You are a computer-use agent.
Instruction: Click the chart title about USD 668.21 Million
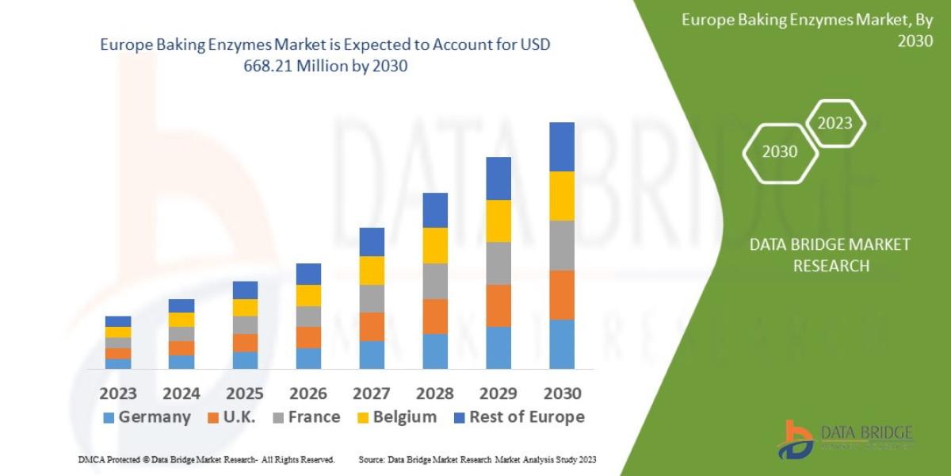pos(325,56)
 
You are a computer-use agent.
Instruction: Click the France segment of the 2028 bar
pos(435,281)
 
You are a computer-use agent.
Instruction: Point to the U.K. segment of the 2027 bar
pos(372,327)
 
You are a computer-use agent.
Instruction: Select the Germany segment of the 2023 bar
pos(118,363)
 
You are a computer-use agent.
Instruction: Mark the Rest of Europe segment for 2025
pos(245,290)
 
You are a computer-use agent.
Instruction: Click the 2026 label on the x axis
pos(308,393)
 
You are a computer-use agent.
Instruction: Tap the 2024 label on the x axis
pos(181,393)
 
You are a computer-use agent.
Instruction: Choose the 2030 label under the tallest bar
pos(562,393)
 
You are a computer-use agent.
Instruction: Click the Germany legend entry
pos(147,417)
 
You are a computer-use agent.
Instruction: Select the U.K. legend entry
pos(232,417)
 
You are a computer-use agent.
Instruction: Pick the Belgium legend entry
pos(395,417)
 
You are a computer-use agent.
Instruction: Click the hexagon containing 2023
pos(835,123)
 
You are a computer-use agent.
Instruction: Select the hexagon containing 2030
pos(779,152)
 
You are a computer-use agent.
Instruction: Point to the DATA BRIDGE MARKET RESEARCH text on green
pos(830,255)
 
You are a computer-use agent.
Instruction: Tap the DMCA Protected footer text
pos(206,459)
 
